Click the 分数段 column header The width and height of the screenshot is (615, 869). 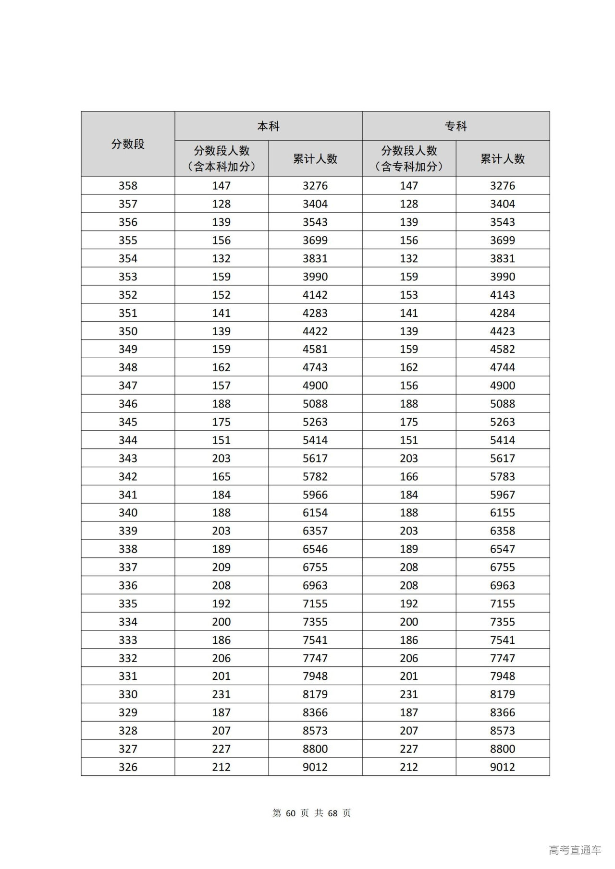click(x=128, y=144)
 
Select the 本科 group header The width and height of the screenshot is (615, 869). click(x=268, y=126)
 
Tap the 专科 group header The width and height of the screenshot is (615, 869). click(x=455, y=126)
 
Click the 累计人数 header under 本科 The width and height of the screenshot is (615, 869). click(x=315, y=159)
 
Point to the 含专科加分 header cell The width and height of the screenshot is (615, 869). click(x=409, y=159)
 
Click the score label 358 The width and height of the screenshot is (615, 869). click(x=128, y=186)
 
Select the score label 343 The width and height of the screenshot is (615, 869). click(x=128, y=459)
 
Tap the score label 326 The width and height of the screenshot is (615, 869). click(x=128, y=767)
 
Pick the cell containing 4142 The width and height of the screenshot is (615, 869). click(x=315, y=295)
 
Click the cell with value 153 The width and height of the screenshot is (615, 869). click(x=409, y=295)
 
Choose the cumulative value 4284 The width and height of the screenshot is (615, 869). click(x=503, y=313)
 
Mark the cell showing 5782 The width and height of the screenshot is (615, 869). click(x=315, y=477)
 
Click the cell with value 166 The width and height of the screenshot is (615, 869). click(x=409, y=477)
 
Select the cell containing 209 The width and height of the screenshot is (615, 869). click(x=221, y=567)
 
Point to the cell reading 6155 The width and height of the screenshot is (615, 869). click(x=503, y=513)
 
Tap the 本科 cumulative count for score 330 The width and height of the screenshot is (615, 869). click(x=315, y=694)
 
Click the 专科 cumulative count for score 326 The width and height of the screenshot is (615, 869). click(x=503, y=767)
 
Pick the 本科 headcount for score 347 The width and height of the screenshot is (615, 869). click(x=221, y=386)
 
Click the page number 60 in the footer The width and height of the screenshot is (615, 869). click(x=290, y=813)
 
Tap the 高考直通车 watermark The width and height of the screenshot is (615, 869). click(x=575, y=850)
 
